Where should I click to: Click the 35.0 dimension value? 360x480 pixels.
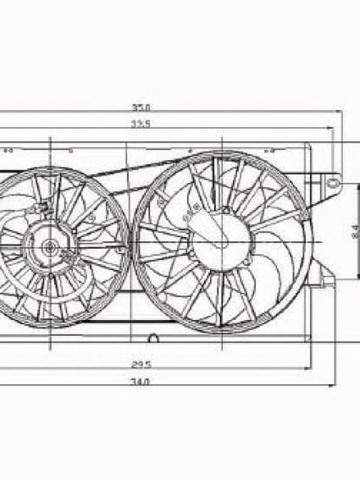point(141,108)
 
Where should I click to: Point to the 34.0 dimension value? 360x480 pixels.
point(141,382)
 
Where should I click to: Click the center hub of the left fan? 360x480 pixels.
point(49,248)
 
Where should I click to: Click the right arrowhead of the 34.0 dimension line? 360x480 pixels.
point(341,389)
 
